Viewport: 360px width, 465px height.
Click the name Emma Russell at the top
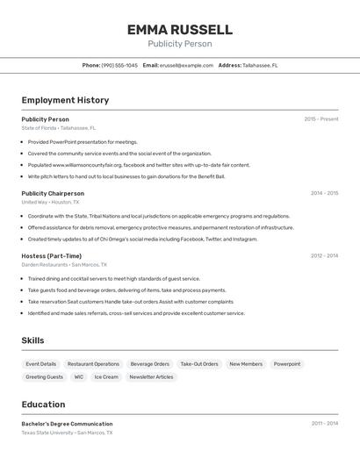[x=179, y=30]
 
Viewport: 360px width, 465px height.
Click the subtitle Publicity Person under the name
[x=179, y=44]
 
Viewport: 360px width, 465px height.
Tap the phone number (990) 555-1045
[x=119, y=65]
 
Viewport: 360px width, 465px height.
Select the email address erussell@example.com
[x=186, y=65]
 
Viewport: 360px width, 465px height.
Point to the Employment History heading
[x=65, y=100]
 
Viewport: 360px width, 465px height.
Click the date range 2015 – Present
[x=320, y=119]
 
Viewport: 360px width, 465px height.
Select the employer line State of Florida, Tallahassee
[x=59, y=128]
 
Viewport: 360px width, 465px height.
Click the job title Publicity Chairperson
[x=53, y=193]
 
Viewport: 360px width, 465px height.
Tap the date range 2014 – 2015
[x=324, y=193]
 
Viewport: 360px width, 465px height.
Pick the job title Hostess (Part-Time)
[x=52, y=256]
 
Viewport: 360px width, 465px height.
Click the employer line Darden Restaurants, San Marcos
[x=64, y=265]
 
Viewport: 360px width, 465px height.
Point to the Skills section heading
[x=33, y=340]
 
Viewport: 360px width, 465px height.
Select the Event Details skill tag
[x=41, y=364]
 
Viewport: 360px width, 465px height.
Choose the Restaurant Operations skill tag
[x=93, y=364]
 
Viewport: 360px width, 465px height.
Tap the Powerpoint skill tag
[x=286, y=364]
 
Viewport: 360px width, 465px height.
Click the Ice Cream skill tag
[x=106, y=377]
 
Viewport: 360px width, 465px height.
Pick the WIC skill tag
[x=79, y=377]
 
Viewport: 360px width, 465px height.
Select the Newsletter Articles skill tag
[x=152, y=377]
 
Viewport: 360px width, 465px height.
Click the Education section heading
[x=43, y=404]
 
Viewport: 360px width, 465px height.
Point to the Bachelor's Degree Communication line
[x=67, y=424]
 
